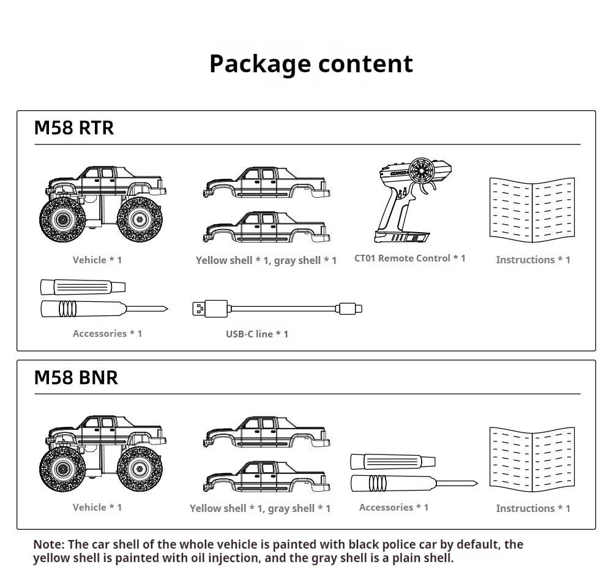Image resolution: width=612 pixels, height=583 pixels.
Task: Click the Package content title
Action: click(x=311, y=64)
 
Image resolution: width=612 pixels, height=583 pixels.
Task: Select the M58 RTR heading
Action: click(x=74, y=128)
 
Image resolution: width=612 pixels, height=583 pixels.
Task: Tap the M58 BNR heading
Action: click(x=76, y=377)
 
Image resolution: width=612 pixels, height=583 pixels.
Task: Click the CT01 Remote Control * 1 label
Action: click(x=409, y=258)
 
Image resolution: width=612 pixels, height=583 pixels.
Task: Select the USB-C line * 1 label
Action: click(x=256, y=334)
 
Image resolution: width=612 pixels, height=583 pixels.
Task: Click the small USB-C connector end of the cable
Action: click(x=350, y=308)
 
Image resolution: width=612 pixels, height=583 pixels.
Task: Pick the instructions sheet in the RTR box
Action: click(x=532, y=209)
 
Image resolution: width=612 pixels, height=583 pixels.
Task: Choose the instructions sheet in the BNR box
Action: click(x=532, y=459)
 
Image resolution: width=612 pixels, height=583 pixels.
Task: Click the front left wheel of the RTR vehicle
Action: click(x=62, y=219)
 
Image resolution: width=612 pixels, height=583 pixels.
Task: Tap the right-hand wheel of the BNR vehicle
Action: click(x=140, y=470)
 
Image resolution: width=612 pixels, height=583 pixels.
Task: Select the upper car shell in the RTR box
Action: click(x=266, y=182)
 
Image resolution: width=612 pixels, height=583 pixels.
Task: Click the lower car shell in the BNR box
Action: click(x=266, y=476)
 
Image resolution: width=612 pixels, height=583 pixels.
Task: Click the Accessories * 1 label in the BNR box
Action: click(x=394, y=508)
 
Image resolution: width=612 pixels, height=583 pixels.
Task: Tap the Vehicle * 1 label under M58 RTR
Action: click(x=97, y=260)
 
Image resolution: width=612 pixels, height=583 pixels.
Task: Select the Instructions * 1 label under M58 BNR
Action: click(x=532, y=508)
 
